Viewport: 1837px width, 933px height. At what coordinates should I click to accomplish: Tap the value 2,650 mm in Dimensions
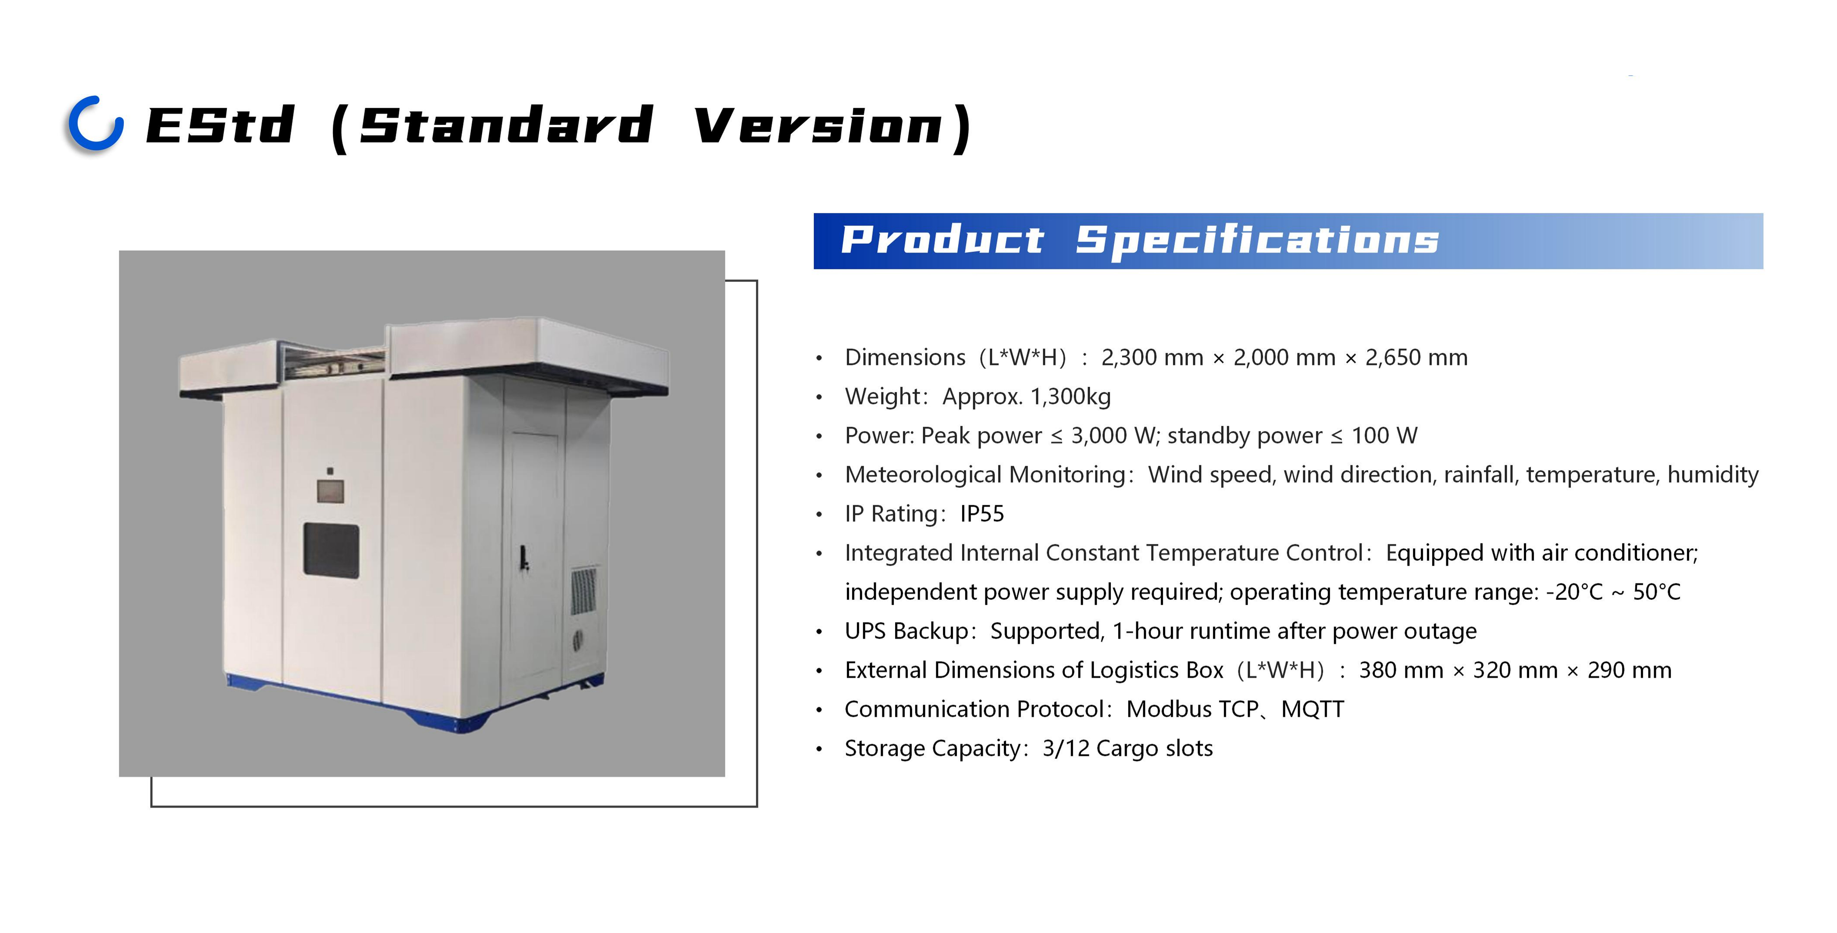(1416, 357)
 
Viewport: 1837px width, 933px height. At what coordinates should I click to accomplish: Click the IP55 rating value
(982, 514)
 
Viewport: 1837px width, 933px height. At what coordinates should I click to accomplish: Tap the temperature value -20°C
(1574, 592)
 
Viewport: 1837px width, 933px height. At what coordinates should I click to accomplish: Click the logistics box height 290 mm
(1630, 671)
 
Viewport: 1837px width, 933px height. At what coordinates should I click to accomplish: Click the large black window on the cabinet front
(331, 549)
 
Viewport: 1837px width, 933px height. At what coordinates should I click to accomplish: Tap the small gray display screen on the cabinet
(330, 491)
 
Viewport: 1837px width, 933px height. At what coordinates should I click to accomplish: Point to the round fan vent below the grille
(578, 640)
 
